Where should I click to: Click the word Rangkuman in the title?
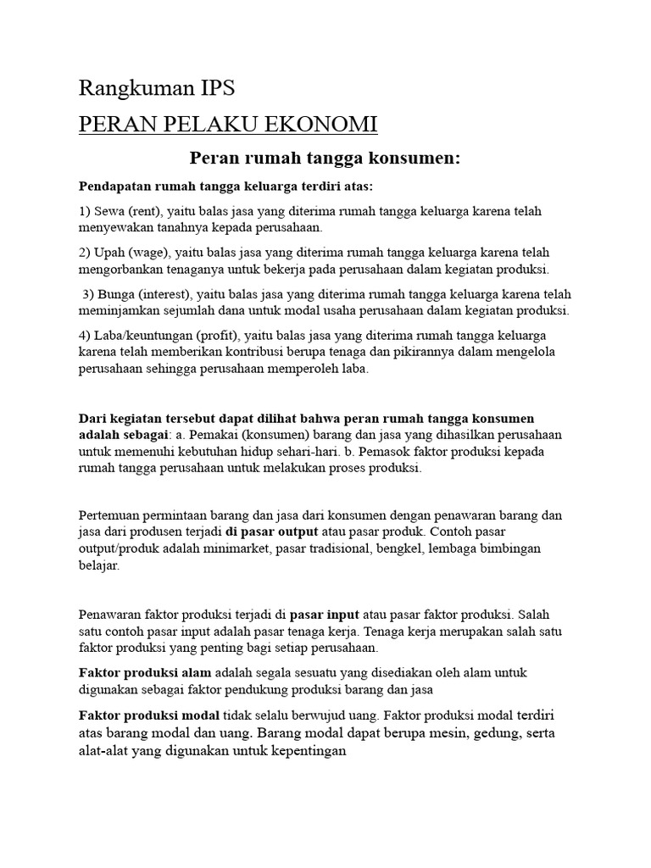point(127,88)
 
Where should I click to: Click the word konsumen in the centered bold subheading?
point(405,158)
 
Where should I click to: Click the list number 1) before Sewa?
point(86,211)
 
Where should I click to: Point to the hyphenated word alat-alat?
point(107,750)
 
